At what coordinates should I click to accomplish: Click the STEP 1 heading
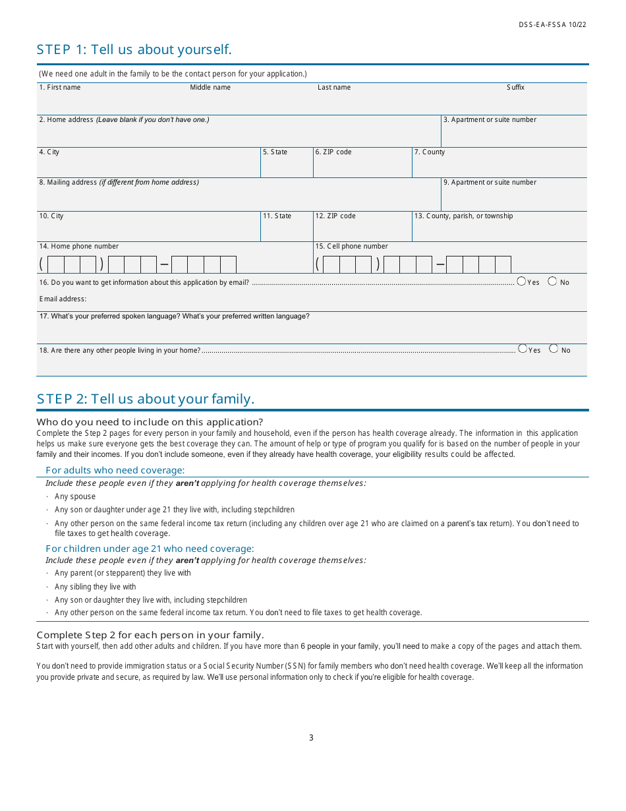[134, 49]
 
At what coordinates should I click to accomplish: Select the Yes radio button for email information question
[521, 282]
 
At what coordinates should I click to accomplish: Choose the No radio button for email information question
[552, 282]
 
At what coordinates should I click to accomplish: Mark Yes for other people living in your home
[523, 349]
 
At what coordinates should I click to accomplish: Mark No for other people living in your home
[554, 349]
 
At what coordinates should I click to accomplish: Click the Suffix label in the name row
[515, 88]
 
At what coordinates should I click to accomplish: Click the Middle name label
[210, 88]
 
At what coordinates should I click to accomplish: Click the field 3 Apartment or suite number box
[513, 135]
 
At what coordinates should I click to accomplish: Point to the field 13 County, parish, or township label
[463, 216]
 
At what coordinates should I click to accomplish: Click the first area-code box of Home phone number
[56, 265]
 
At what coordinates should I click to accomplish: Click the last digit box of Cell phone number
[503, 265]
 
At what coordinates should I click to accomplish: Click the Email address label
[63, 299]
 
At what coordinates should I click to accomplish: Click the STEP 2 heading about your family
[146, 399]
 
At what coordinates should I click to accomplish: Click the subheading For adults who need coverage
[115, 470]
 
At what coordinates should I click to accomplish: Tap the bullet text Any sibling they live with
[96, 587]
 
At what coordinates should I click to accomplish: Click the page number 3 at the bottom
[311, 738]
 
